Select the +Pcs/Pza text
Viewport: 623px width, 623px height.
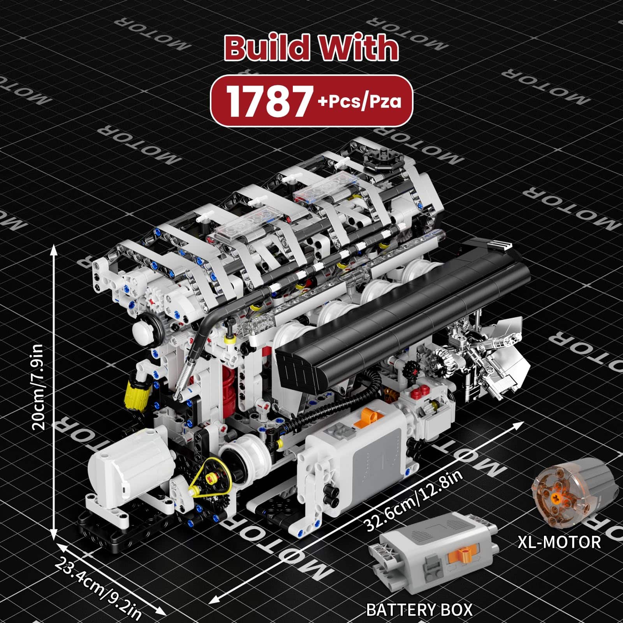pos(359,102)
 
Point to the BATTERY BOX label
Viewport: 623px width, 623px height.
pos(419,609)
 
